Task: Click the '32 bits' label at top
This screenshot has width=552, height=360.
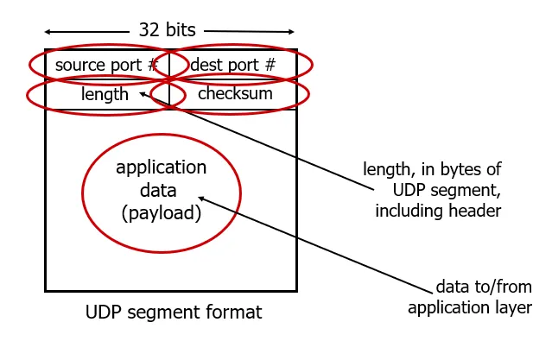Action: point(171,29)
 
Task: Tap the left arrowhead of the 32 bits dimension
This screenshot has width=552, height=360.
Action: point(48,30)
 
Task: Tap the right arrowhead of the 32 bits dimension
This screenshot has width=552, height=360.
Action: point(293,30)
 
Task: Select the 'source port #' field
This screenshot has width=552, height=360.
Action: point(105,65)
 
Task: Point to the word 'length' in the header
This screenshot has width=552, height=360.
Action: point(104,94)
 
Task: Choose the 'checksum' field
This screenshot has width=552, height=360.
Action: point(235,94)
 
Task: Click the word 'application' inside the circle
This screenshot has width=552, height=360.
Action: point(161,167)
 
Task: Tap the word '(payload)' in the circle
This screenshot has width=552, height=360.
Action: point(161,212)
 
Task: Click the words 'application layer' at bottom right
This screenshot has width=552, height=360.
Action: point(470,307)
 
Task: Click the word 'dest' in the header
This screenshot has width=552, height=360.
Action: point(206,65)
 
